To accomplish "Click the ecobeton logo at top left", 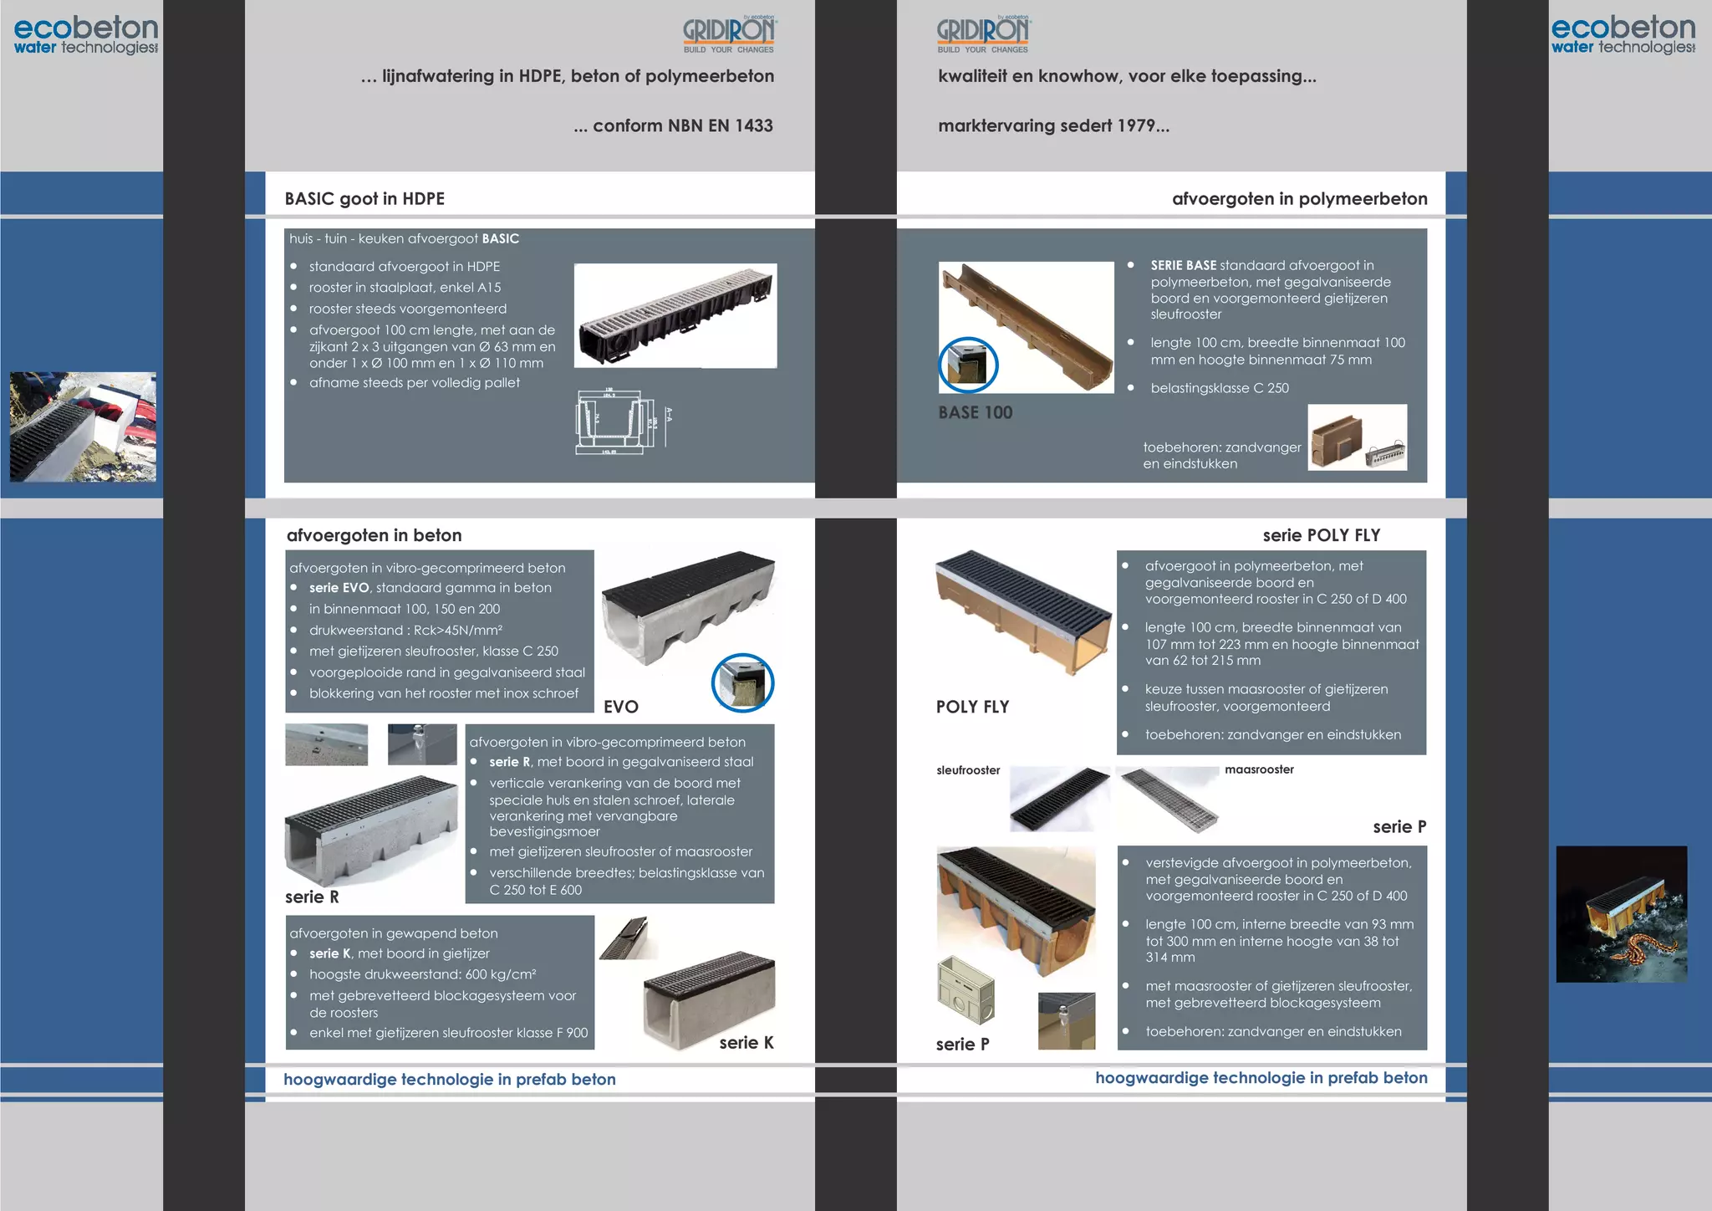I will tap(85, 35).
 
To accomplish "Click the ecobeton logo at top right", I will tap(1623, 35).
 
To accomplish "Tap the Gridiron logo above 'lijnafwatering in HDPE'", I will tap(729, 34).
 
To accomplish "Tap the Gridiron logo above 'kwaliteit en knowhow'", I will tap(983, 34).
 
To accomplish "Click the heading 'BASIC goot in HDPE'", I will tap(364, 199).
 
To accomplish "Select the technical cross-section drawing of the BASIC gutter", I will tap(623, 422).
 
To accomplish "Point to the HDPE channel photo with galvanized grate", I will tap(675, 315).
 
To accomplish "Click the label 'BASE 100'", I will tap(975, 412).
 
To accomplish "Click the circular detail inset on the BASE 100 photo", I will tap(968, 365).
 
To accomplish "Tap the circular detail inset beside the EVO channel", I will tap(742, 682).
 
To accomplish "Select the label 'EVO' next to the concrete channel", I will tap(620, 707).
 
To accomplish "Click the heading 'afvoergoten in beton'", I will tap(374, 535).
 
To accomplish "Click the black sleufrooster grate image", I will tap(1058, 799).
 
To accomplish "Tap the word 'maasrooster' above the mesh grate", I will tap(1259, 769).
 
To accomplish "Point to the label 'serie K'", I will tap(746, 1042).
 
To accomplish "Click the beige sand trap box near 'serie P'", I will tap(966, 991).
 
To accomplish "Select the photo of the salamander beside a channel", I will tap(1621, 913).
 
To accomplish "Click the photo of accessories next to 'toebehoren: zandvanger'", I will tap(1357, 437).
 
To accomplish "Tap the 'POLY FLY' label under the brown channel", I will tap(972, 707).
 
